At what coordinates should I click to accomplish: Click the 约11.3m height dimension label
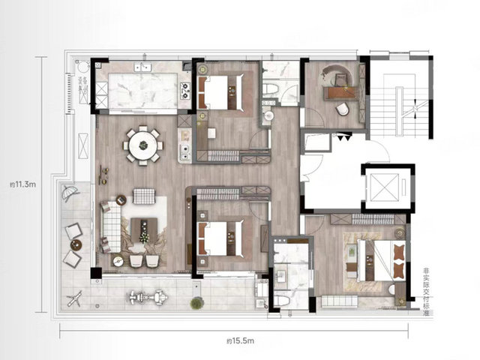pos(23,184)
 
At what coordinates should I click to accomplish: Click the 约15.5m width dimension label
pos(241,340)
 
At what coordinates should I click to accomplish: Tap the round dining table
pos(143,145)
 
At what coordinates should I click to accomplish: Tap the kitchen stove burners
pos(185,91)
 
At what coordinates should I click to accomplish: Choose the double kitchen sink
pos(142,67)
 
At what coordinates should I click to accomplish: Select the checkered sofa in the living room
pos(110,226)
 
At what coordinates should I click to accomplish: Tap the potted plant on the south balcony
pos(196,303)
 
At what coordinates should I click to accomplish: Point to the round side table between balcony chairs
pos(76,244)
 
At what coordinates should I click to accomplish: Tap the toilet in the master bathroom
pos(282,300)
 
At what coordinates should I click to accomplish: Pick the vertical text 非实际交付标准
pos(425,292)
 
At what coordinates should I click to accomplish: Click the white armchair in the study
pos(342,109)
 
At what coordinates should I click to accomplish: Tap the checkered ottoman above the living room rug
pos(144,196)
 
